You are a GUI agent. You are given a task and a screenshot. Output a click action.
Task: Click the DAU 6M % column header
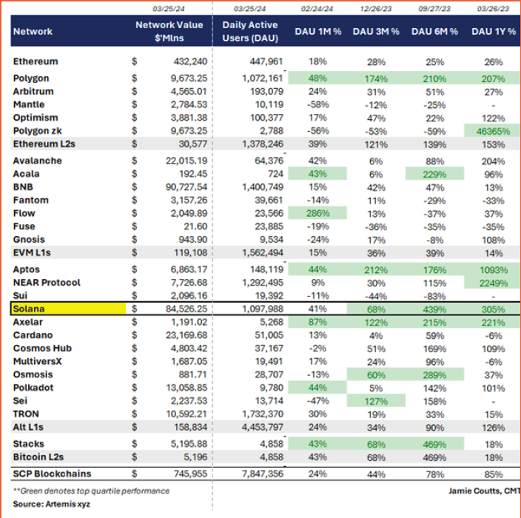click(x=434, y=32)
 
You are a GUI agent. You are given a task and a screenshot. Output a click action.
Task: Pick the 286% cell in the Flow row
click(x=320, y=213)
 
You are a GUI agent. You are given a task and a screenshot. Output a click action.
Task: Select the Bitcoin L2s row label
click(x=38, y=457)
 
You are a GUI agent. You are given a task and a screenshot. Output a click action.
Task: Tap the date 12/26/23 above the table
click(x=375, y=9)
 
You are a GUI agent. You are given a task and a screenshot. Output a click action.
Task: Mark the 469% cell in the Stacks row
click(x=434, y=444)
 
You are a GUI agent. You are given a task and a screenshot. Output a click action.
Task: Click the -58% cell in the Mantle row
click(x=319, y=105)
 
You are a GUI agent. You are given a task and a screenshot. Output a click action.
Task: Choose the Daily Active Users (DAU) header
click(x=249, y=31)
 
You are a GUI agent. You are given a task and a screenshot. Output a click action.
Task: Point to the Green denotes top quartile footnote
click(x=93, y=491)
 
